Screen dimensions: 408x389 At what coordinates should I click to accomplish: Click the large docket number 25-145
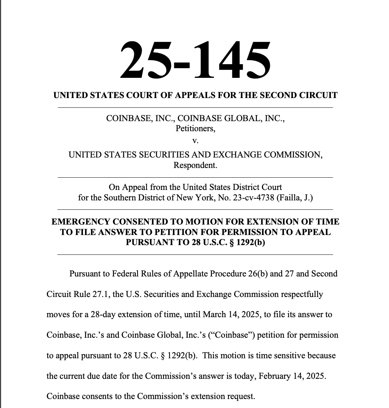click(195, 60)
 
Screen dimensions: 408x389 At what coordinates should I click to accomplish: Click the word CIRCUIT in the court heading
click(318, 96)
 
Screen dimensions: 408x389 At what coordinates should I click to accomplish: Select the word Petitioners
click(195, 128)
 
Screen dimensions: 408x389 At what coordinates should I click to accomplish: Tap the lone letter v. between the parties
click(195, 141)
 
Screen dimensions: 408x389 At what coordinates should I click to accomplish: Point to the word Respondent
click(195, 165)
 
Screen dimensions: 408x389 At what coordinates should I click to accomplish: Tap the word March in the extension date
click(214, 314)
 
